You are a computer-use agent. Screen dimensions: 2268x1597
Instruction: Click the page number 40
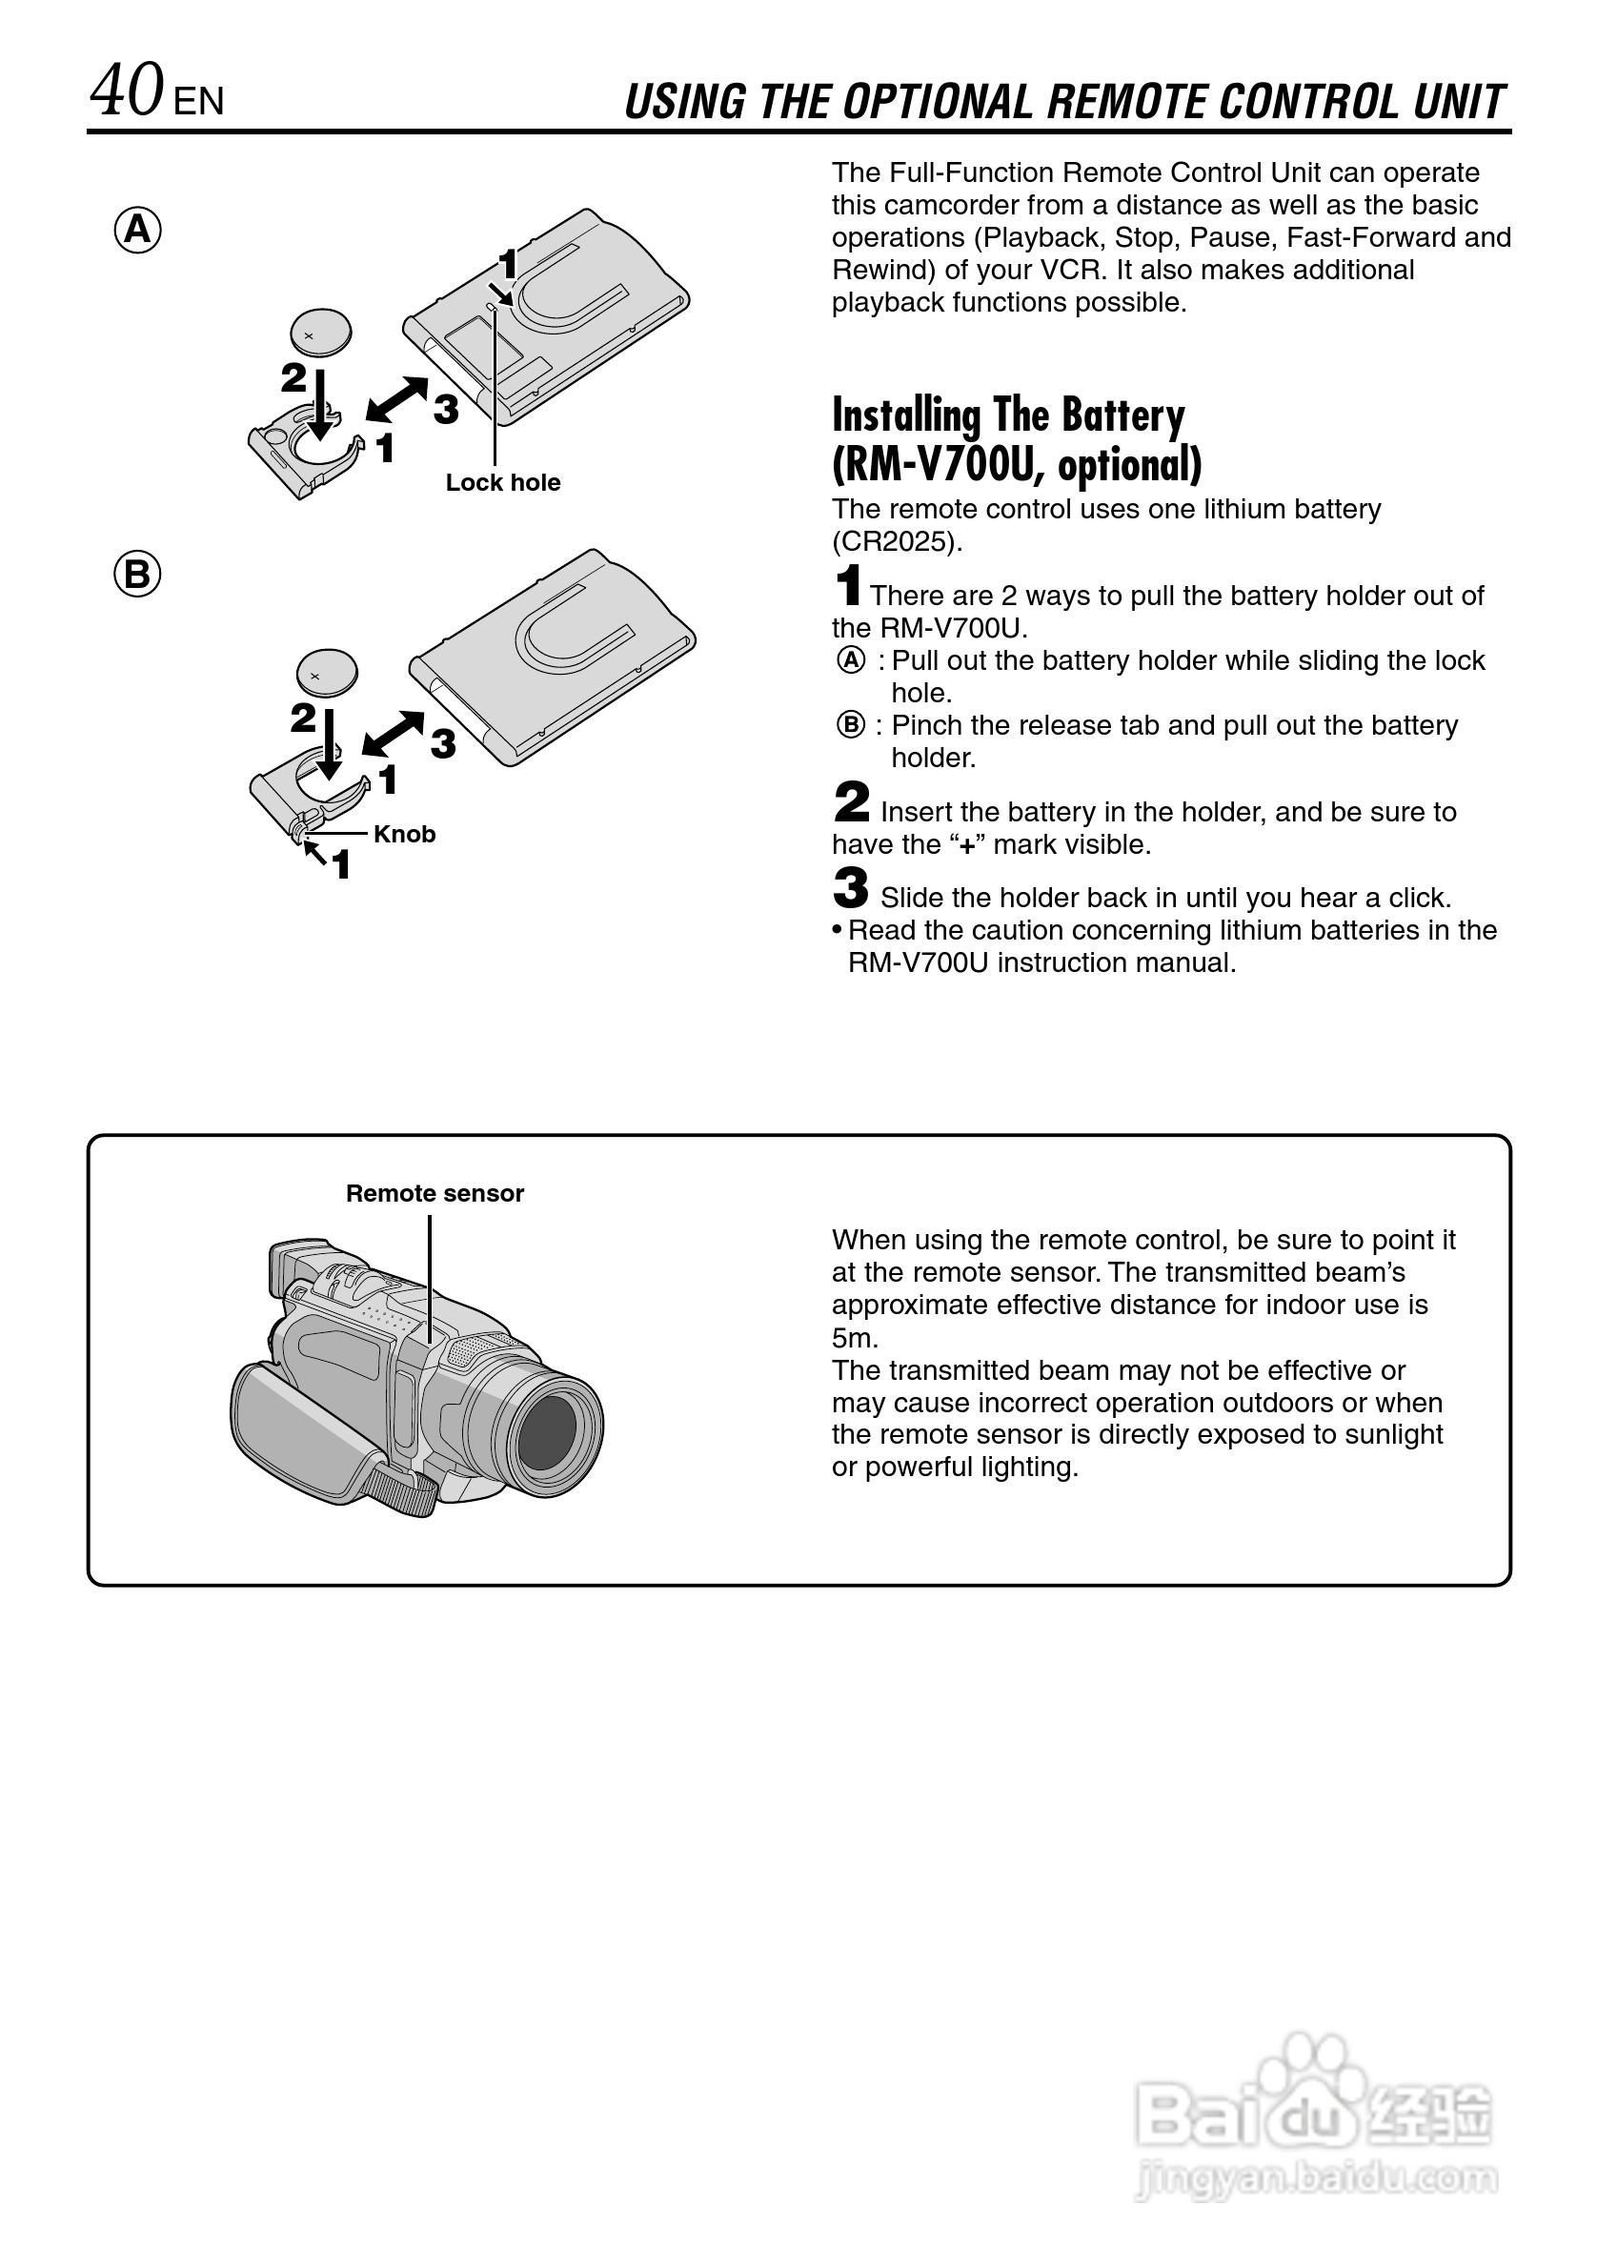[127, 91]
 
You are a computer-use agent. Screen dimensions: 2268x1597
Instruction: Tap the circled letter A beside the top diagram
[137, 231]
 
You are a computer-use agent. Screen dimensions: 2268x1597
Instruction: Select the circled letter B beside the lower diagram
[137, 574]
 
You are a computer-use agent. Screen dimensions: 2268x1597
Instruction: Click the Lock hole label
[503, 482]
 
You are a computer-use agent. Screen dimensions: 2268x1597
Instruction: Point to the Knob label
[404, 834]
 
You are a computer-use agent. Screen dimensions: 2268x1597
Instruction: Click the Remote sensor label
[435, 1193]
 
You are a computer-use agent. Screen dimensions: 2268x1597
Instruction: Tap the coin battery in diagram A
[321, 334]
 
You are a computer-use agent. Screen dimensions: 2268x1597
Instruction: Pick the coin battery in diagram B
[327, 674]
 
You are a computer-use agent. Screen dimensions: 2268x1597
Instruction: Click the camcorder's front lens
[547, 1431]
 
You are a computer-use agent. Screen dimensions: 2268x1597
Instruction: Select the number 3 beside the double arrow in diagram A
[446, 408]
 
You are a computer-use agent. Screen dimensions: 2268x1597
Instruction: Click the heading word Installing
[905, 415]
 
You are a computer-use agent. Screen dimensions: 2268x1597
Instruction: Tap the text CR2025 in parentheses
[896, 541]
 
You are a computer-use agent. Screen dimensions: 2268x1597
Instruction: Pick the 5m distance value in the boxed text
[855, 1338]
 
